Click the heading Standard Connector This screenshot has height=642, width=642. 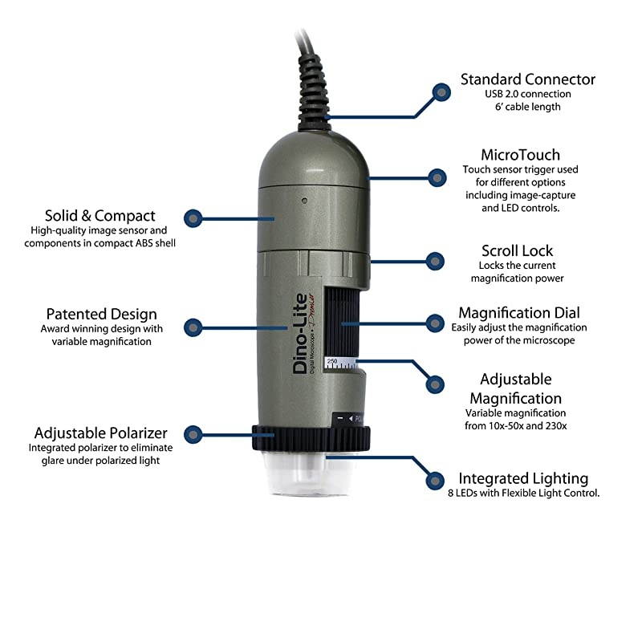527,79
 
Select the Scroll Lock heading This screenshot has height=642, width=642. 517,250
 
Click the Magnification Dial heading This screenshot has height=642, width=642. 518,312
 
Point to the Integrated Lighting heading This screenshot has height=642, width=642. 523,478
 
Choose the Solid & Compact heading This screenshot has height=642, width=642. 100,215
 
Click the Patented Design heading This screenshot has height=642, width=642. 101,314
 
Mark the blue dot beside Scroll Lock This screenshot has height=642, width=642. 434,260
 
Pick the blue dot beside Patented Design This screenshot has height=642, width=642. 193,327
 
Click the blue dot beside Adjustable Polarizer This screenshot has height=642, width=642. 193,435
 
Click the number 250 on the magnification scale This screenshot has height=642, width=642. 331,363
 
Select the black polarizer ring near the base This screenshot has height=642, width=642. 313,438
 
